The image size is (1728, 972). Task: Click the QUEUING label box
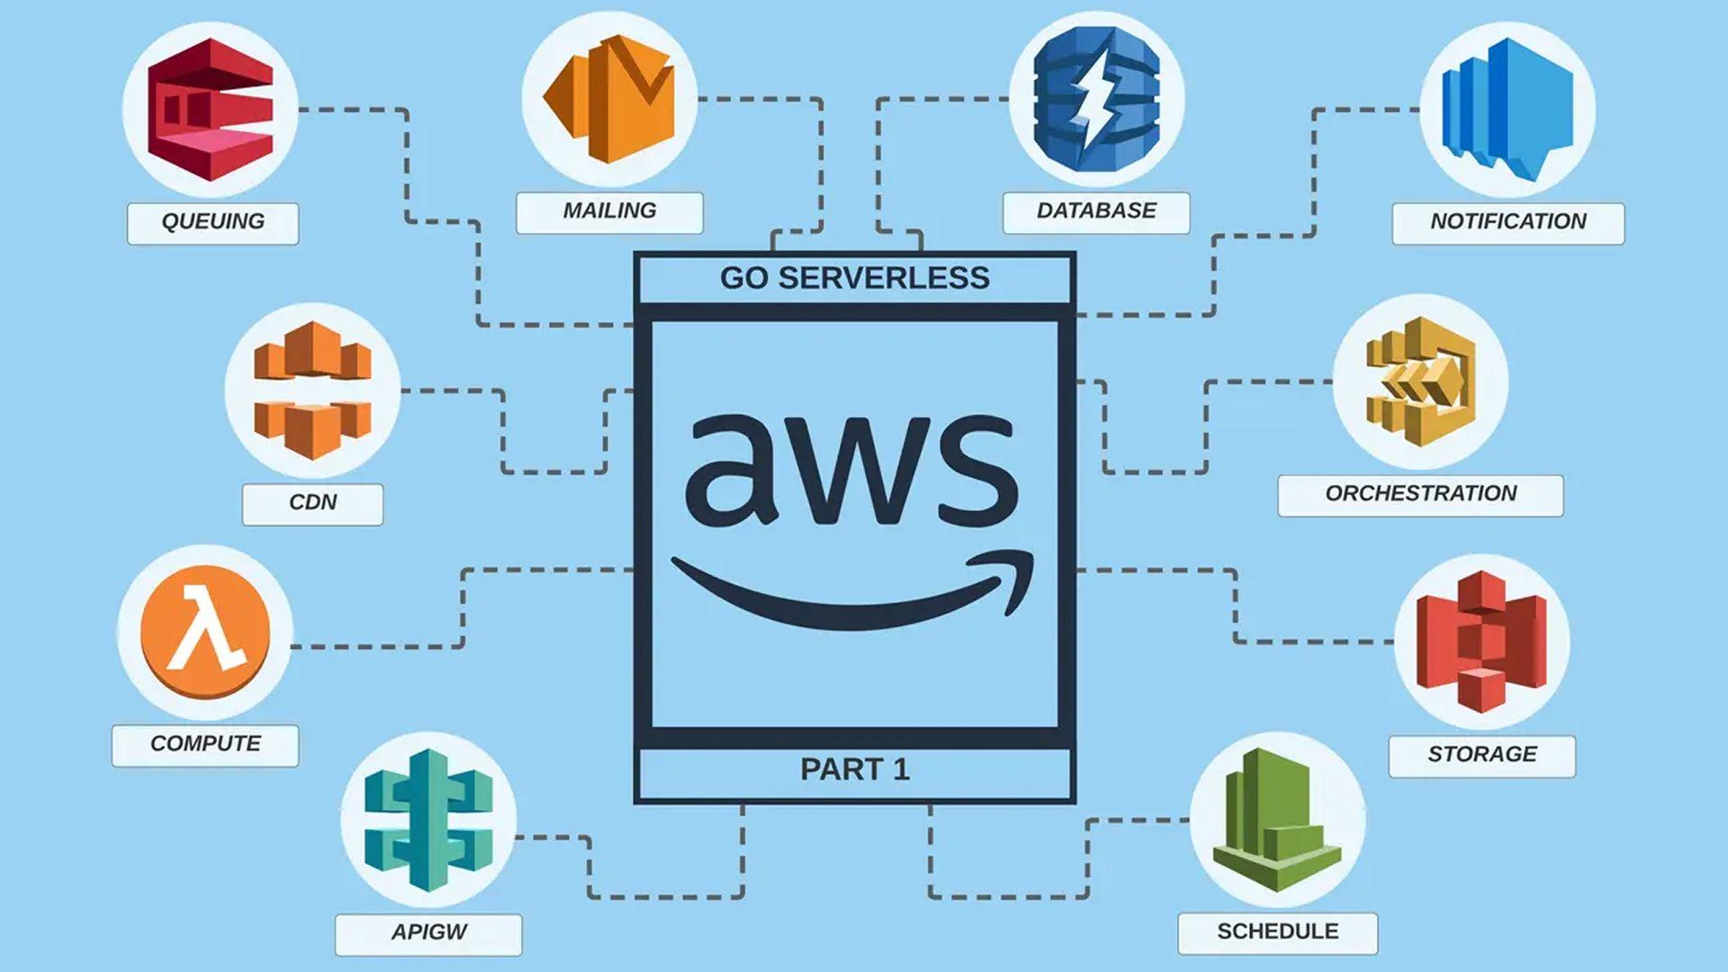[212, 222]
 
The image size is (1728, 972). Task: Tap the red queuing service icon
[211, 109]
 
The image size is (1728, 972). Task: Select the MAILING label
[609, 211]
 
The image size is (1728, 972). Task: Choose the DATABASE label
[1096, 211]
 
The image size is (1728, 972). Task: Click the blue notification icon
[1507, 110]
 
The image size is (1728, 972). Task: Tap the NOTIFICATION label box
[1507, 222]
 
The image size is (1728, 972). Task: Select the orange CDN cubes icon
[312, 390]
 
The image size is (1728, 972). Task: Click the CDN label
[312, 503]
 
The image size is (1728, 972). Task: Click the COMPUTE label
[205, 744]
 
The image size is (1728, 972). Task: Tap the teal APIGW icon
[428, 820]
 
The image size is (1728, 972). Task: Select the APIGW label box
[428, 933]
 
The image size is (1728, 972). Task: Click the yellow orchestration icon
[1420, 381]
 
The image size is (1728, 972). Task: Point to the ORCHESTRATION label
[1420, 494]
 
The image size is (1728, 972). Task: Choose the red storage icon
[1481, 641]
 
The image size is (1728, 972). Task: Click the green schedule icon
[1277, 820]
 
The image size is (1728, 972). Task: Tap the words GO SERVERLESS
[854, 278]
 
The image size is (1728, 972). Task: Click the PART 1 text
[854, 770]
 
